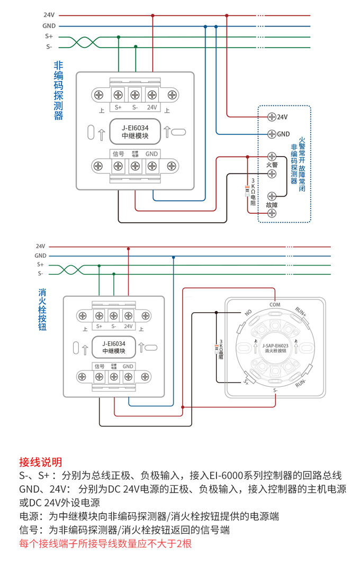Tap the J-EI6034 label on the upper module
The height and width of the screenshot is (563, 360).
click(135, 128)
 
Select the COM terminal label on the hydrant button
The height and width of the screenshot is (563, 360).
click(275, 305)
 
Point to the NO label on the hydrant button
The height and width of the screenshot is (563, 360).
click(247, 312)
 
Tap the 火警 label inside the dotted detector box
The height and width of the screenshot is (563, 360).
click(272, 165)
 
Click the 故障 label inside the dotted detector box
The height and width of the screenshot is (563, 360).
click(272, 204)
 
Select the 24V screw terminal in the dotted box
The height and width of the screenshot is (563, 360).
click(272, 116)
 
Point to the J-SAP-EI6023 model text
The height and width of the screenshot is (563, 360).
click(275, 345)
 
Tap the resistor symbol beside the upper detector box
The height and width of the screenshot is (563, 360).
click(247, 189)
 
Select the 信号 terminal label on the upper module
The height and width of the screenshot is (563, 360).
click(118, 153)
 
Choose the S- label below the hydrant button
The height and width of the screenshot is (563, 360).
click(275, 390)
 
